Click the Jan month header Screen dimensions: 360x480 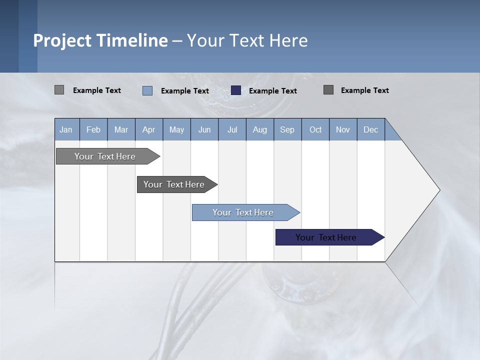(x=66, y=129)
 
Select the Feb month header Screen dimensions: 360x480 (x=93, y=129)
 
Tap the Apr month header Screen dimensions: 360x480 (x=149, y=129)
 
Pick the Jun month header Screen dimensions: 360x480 (x=204, y=129)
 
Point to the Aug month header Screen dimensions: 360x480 (x=260, y=129)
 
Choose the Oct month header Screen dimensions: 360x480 (x=315, y=129)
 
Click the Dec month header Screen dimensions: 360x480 (x=371, y=129)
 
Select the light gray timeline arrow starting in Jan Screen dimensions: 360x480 (x=105, y=156)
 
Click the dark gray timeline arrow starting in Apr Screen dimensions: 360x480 (x=174, y=184)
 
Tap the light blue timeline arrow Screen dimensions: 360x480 (x=243, y=212)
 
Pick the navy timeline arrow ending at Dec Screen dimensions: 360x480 (x=326, y=237)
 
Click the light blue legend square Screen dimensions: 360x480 (x=147, y=90)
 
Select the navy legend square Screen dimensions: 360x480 (x=236, y=90)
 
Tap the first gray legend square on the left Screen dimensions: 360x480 (x=59, y=90)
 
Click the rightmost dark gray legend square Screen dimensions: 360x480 (x=328, y=90)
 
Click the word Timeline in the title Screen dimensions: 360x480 (x=132, y=40)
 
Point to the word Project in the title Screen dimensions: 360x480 (x=62, y=40)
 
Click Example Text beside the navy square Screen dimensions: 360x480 (x=273, y=91)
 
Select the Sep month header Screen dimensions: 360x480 (x=287, y=129)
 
